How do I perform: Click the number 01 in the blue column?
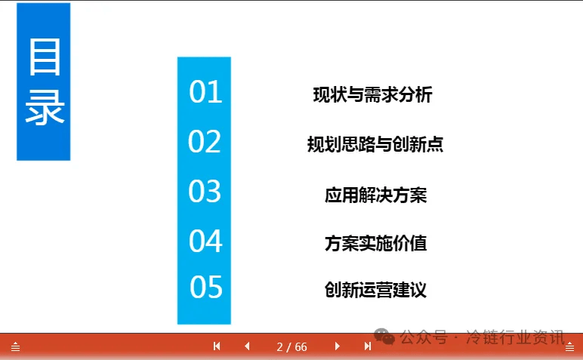tap(205, 91)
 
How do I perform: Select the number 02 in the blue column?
tap(205, 141)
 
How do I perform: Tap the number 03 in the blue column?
tap(205, 191)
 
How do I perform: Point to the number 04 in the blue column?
tap(205, 241)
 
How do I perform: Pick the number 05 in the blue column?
tap(206, 288)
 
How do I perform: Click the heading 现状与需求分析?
tap(372, 94)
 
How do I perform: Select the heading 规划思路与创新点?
tap(375, 144)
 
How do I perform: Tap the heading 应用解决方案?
tap(375, 195)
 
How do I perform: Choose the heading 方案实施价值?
tap(375, 243)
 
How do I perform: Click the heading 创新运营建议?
tap(375, 290)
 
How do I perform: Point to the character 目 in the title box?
tap(45, 57)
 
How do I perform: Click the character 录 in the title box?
tap(45, 108)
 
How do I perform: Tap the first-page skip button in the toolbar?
tap(217, 346)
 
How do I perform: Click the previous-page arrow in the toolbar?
tap(247, 346)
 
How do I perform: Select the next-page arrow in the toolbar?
tap(338, 346)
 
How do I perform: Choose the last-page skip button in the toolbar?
tap(368, 346)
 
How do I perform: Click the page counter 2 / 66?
tap(291, 347)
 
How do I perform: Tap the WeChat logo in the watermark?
tap(384, 336)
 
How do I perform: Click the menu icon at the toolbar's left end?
tap(15, 347)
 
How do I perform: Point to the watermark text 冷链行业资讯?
tap(515, 337)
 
